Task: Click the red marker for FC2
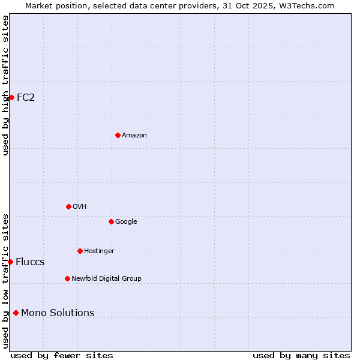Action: pos(11,97)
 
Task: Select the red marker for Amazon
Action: pos(118,135)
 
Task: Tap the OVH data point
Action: pos(68,206)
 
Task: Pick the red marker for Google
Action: pos(111,221)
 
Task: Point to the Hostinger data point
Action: pos(80,251)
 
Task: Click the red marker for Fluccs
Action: pos(10,262)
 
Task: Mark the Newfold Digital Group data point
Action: pos(67,278)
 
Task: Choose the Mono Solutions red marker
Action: pos(16,313)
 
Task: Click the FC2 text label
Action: pos(26,97)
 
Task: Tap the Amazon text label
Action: pos(134,135)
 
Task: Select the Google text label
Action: pos(126,221)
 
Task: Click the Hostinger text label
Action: pos(99,251)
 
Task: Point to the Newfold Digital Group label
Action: pos(106,278)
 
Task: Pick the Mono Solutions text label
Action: pos(58,313)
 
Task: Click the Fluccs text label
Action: pos(30,262)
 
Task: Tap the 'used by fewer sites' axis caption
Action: pos(62,355)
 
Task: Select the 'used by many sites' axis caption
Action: pos(301,355)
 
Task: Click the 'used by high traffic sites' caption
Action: pos(5,85)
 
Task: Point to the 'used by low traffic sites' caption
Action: pos(5,281)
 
